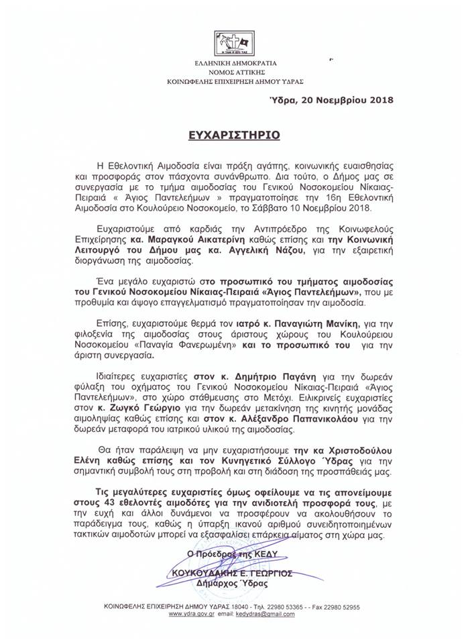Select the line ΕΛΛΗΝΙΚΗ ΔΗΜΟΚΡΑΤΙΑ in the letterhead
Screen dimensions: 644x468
pyautogui.click(x=234, y=62)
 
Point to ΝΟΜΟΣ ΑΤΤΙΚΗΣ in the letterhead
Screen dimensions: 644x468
pyautogui.click(x=234, y=71)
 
